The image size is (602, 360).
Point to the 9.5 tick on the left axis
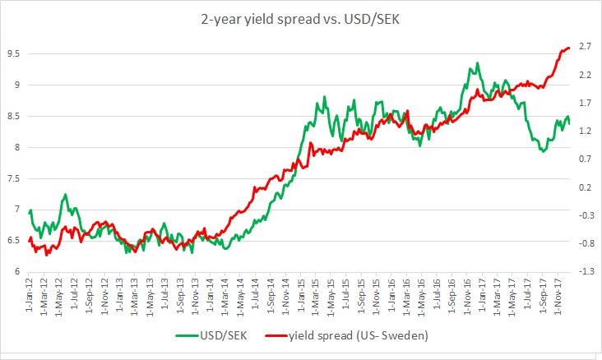click(13, 53)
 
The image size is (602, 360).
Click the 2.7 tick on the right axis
click(586, 46)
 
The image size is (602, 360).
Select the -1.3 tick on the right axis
click(584, 271)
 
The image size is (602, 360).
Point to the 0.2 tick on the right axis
click(586, 187)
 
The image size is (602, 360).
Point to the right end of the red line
click(569, 48)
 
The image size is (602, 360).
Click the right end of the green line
click(569, 123)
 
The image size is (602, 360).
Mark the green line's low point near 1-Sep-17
click(544, 151)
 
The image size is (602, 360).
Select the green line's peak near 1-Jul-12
click(66, 196)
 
